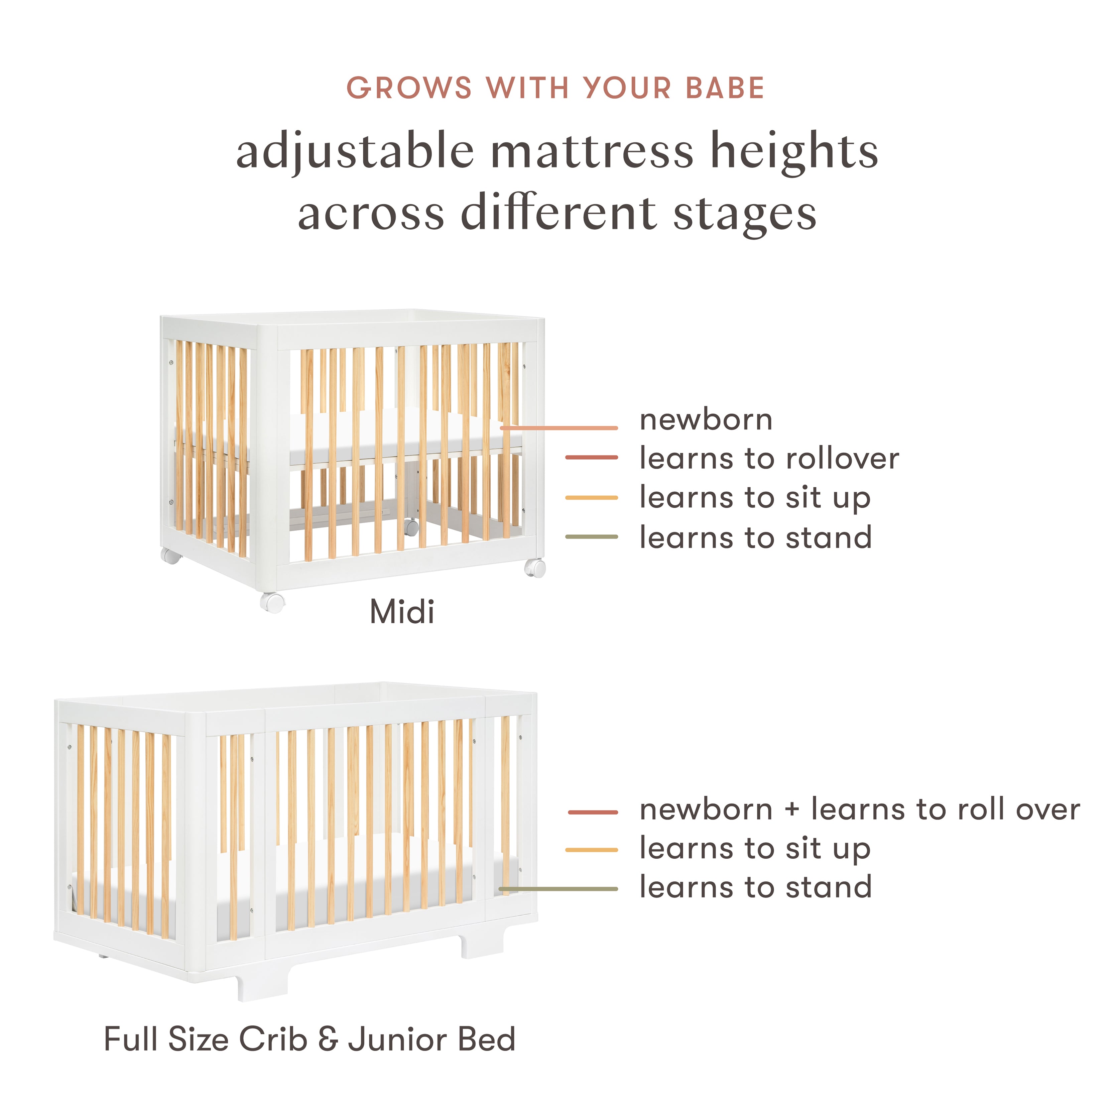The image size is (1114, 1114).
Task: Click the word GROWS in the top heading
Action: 409,88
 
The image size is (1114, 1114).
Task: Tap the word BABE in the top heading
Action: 725,88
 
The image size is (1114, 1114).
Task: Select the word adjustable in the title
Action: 355,151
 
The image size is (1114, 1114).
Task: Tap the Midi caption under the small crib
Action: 402,612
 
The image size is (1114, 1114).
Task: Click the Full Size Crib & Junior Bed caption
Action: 310,1039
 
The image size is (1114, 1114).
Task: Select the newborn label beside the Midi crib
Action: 706,420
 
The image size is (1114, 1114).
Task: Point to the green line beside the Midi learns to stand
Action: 592,537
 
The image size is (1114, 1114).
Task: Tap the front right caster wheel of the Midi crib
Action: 535,568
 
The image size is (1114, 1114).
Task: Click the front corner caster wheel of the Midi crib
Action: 272,602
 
